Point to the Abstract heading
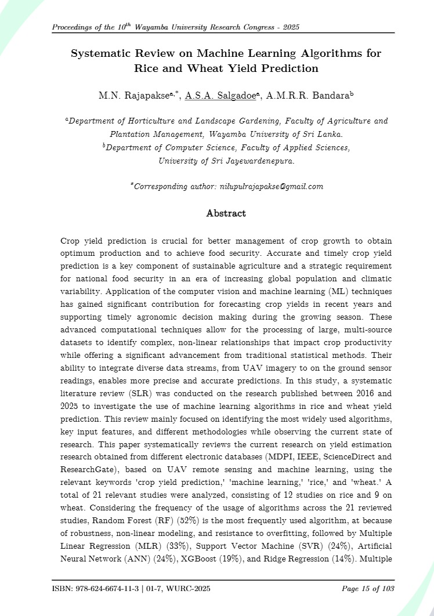pyautogui.click(x=226, y=213)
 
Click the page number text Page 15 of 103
pyautogui.click(x=368, y=589)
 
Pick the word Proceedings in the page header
pyautogui.click(x=75, y=28)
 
